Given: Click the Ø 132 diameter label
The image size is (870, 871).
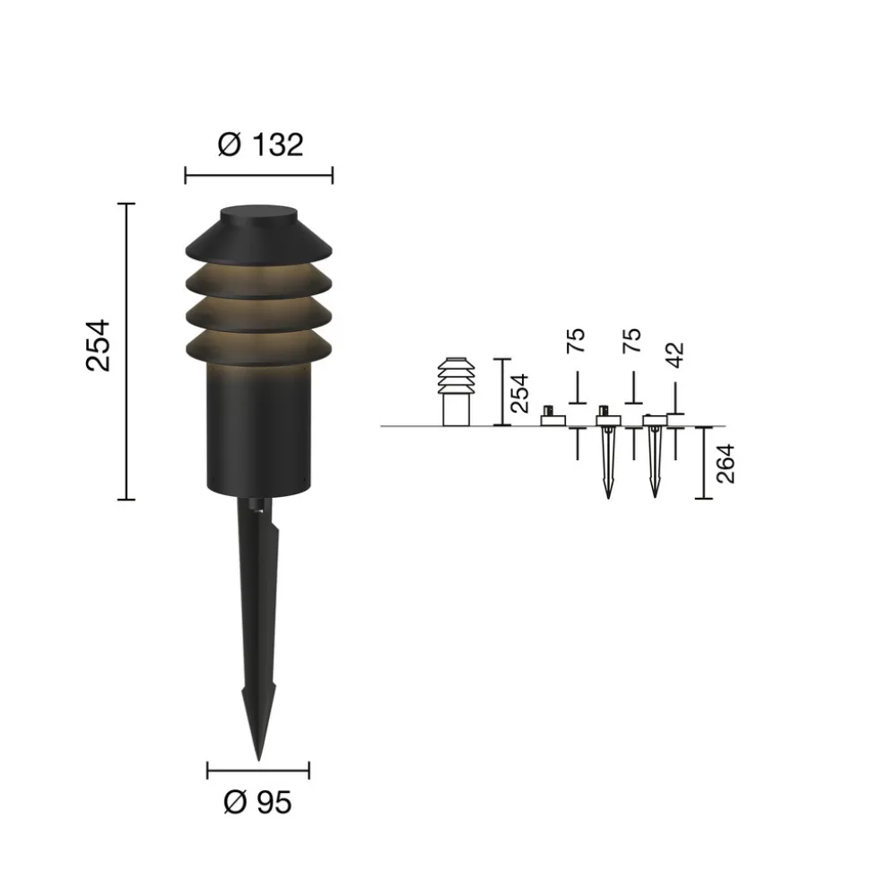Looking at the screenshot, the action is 261,145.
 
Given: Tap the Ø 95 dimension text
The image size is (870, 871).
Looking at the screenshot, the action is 257,803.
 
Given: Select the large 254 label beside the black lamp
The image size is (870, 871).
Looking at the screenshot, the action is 99,345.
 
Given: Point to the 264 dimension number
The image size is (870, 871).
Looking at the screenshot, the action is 726,464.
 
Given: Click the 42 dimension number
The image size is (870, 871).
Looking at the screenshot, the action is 674,355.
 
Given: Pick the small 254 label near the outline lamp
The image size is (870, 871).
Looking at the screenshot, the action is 519,393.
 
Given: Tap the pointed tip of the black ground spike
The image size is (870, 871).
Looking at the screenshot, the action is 258,760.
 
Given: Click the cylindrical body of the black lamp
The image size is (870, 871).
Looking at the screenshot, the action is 259,428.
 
